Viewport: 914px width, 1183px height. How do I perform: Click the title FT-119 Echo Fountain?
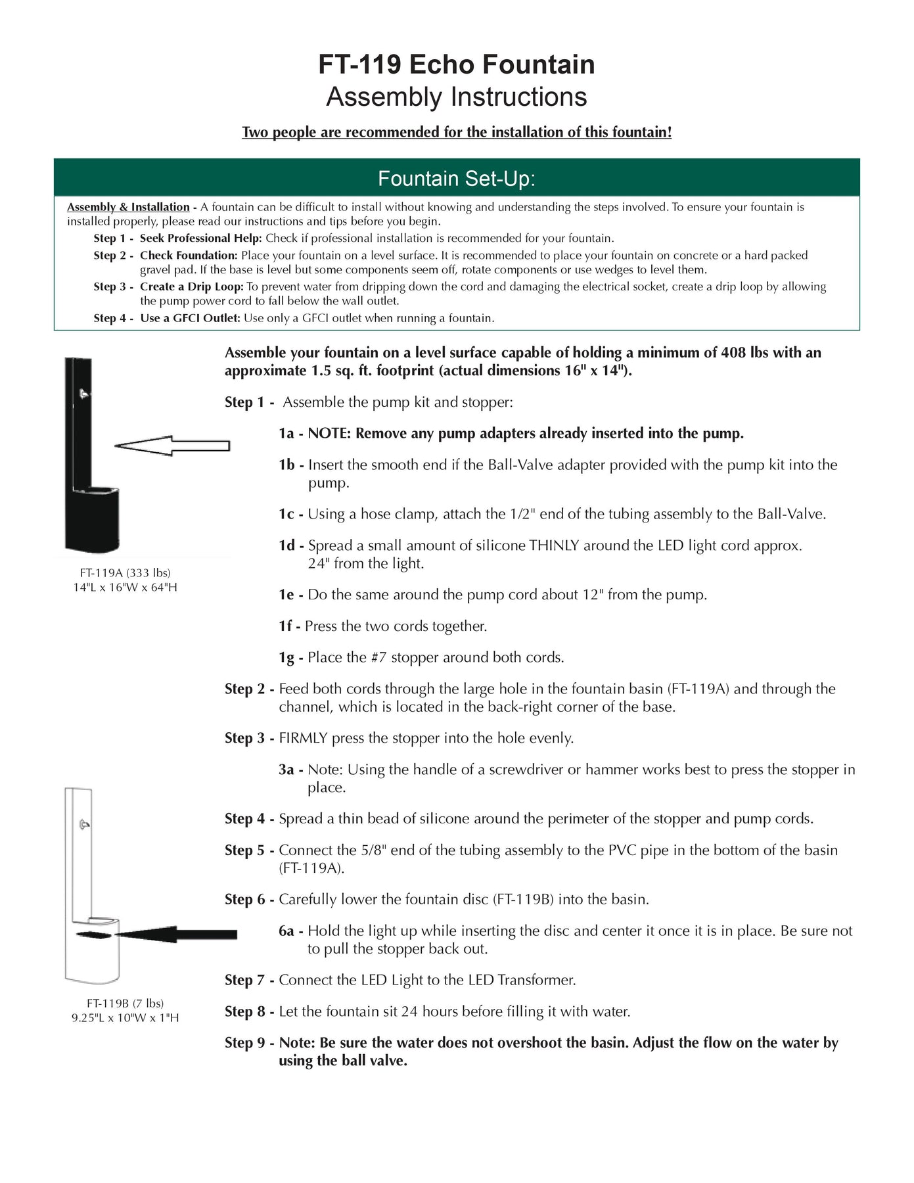[x=457, y=64]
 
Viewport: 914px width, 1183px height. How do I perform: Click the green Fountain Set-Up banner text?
[x=457, y=179]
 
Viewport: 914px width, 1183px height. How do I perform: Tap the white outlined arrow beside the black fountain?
[x=172, y=446]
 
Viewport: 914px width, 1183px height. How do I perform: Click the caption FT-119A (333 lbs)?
[x=125, y=572]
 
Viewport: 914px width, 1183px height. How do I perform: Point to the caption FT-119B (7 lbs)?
[x=125, y=1003]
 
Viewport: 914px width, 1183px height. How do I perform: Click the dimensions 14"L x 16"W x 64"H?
[x=125, y=587]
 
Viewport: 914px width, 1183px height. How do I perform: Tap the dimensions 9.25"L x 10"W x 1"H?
[x=125, y=1017]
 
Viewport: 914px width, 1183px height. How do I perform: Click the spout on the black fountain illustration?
[x=83, y=394]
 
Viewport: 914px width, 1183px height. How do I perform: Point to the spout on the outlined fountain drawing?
[x=83, y=824]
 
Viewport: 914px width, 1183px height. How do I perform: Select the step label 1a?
[x=287, y=434]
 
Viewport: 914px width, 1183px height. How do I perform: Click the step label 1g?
[x=287, y=658]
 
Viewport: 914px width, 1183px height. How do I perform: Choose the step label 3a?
[x=287, y=770]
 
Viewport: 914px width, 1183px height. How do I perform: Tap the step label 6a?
[x=287, y=931]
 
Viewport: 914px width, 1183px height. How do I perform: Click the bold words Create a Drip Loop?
[x=191, y=287]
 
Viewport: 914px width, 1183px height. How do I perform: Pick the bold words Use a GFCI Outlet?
[x=191, y=318]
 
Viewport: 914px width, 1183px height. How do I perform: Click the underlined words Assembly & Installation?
[x=128, y=207]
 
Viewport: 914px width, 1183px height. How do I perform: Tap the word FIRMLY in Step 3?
[x=303, y=738]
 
